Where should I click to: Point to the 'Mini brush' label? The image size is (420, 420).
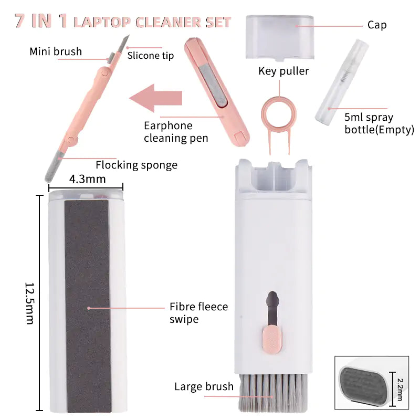(56, 51)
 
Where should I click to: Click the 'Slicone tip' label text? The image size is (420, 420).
(150, 56)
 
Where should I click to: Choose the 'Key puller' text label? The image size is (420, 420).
(283, 71)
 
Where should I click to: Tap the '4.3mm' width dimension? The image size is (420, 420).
(87, 179)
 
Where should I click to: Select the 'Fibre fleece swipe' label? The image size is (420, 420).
(198, 312)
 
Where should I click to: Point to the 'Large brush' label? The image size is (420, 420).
(204, 387)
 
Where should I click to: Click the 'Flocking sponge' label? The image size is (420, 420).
(136, 165)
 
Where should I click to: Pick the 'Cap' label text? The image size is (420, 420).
(377, 25)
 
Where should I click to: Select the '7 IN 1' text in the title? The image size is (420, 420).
(40, 22)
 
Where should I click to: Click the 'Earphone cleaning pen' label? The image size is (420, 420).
(176, 132)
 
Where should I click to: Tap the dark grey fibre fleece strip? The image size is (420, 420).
(87, 304)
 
